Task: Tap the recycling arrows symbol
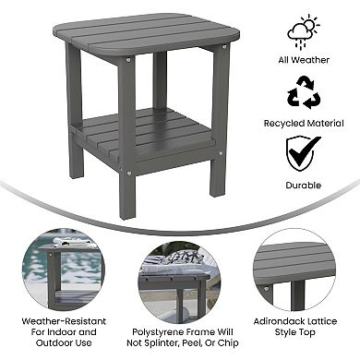(x=303, y=92)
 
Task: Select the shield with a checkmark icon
(x=303, y=152)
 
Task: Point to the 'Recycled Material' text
(x=303, y=122)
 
